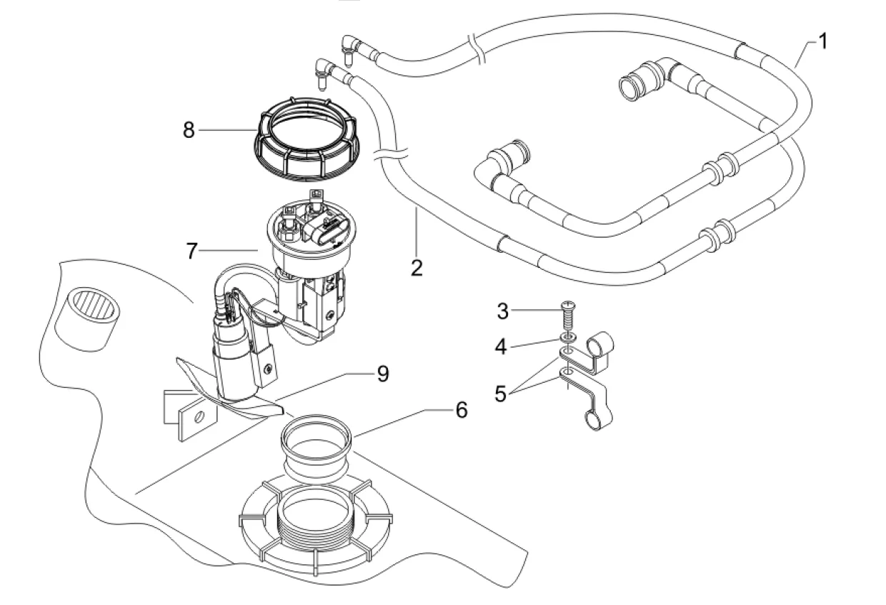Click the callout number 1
pos(822,41)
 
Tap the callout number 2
pos(417,269)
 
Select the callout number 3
pos(502,311)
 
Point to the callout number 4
pos(502,346)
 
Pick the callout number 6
pos(461,410)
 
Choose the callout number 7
pos(191,251)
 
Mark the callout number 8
pos(189,131)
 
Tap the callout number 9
pos(383,374)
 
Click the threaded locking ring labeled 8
pos(307,140)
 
